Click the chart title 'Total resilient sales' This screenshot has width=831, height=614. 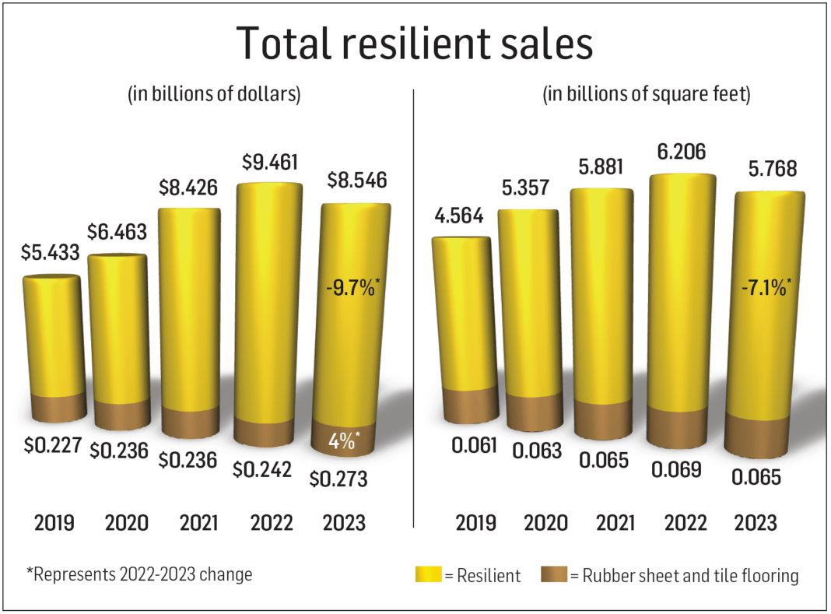click(415, 43)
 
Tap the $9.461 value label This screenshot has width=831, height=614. click(270, 164)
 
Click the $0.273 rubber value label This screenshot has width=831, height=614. click(337, 479)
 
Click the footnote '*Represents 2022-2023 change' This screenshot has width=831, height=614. click(140, 574)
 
